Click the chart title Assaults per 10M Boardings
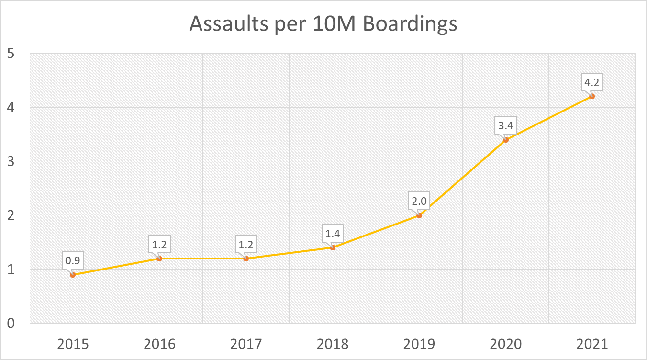pos(323,23)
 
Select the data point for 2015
pos(73,275)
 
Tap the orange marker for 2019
pos(419,215)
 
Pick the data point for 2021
pos(592,96)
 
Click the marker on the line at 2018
pos(333,247)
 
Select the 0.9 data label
pos(73,261)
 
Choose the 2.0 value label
pos(419,202)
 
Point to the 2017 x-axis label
pos(246,344)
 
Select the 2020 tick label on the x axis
pos(505,344)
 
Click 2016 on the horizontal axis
pos(159,344)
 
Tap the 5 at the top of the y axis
pos(10,54)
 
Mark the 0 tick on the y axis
pos(10,323)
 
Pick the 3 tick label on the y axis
pos(10,161)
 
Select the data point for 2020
pos(506,140)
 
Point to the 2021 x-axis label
pos(592,344)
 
